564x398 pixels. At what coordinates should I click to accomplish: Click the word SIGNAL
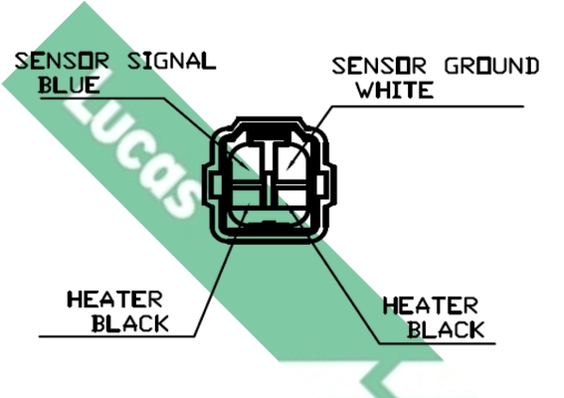(172, 61)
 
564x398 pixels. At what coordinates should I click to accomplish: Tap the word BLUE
(69, 86)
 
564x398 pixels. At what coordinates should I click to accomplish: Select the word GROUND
(491, 66)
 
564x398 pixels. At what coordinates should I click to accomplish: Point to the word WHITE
(395, 90)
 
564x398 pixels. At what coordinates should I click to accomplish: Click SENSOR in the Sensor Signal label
(62, 61)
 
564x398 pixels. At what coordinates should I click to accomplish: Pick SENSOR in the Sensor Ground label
(379, 66)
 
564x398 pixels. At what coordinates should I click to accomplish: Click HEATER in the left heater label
(115, 299)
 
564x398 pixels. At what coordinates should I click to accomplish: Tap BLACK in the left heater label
(130, 323)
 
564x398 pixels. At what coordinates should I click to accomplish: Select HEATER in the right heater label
(431, 305)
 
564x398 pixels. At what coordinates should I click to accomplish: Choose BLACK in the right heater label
(446, 329)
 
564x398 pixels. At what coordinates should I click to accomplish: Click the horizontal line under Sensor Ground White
(428, 106)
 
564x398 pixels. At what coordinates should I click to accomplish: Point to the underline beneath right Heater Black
(437, 343)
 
